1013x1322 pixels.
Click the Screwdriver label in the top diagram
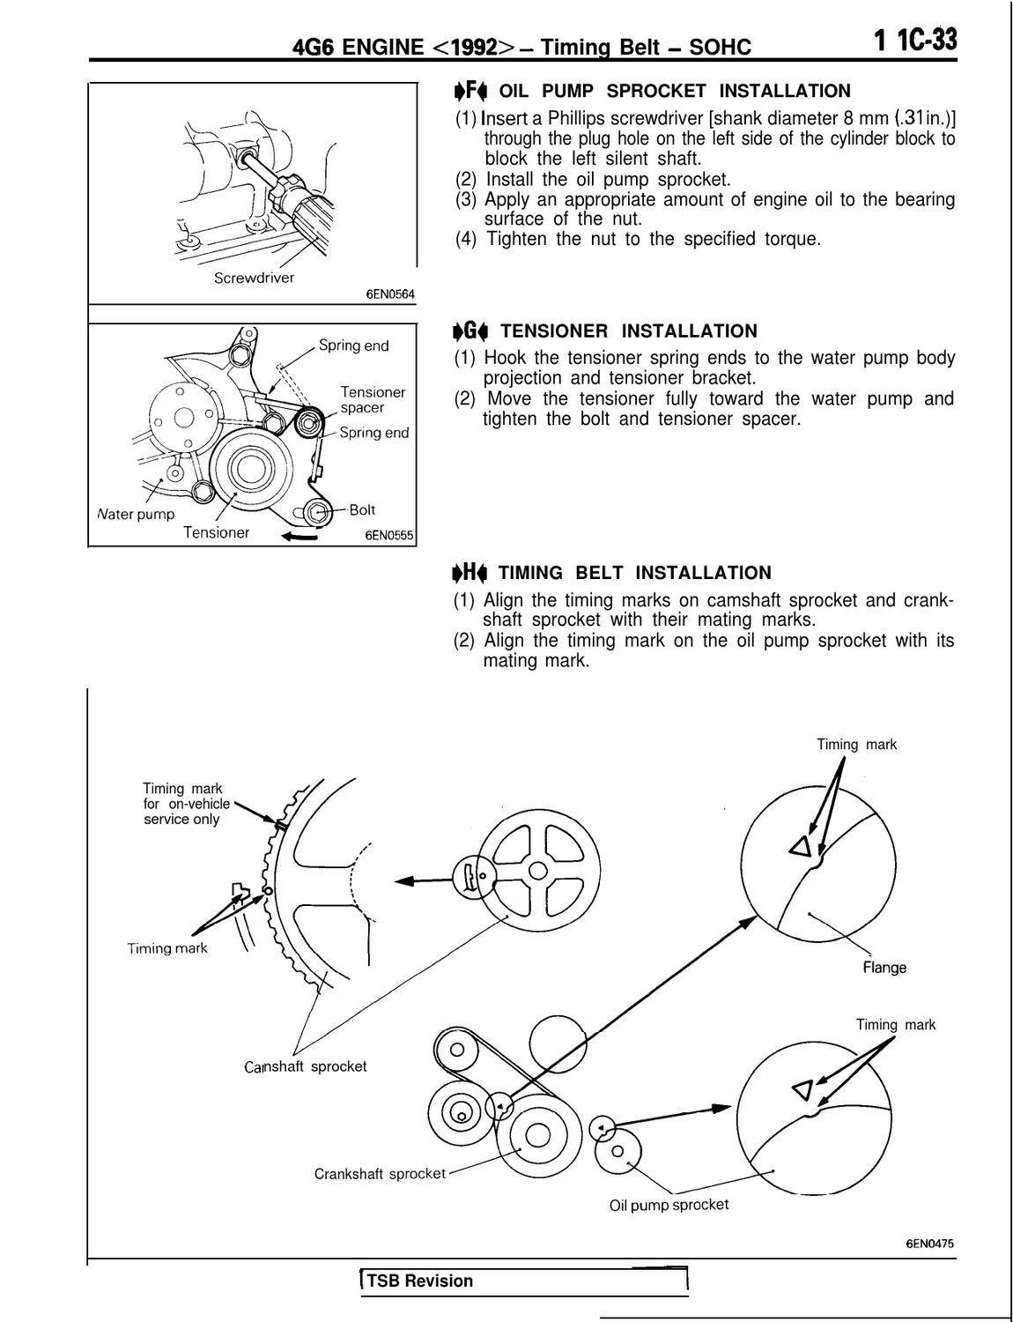pyautogui.click(x=254, y=278)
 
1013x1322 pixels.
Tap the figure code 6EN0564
pyautogui.click(x=389, y=294)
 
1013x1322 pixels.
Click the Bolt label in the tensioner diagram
pyautogui.click(x=362, y=509)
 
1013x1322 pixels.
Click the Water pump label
pyautogui.click(x=136, y=514)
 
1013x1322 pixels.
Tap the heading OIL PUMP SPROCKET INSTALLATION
pyautogui.click(x=674, y=91)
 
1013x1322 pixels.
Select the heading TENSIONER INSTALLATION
pyautogui.click(x=627, y=331)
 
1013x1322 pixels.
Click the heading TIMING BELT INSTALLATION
pyautogui.click(x=634, y=573)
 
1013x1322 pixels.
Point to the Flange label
pyautogui.click(x=884, y=967)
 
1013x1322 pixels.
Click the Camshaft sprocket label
pyautogui.click(x=306, y=1066)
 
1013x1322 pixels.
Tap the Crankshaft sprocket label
pyautogui.click(x=380, y=1174)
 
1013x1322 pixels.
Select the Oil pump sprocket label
pyautogui.click(x=669, y=1205)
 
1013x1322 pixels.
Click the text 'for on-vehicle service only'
pyautogui.click(x=185, y=812)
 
